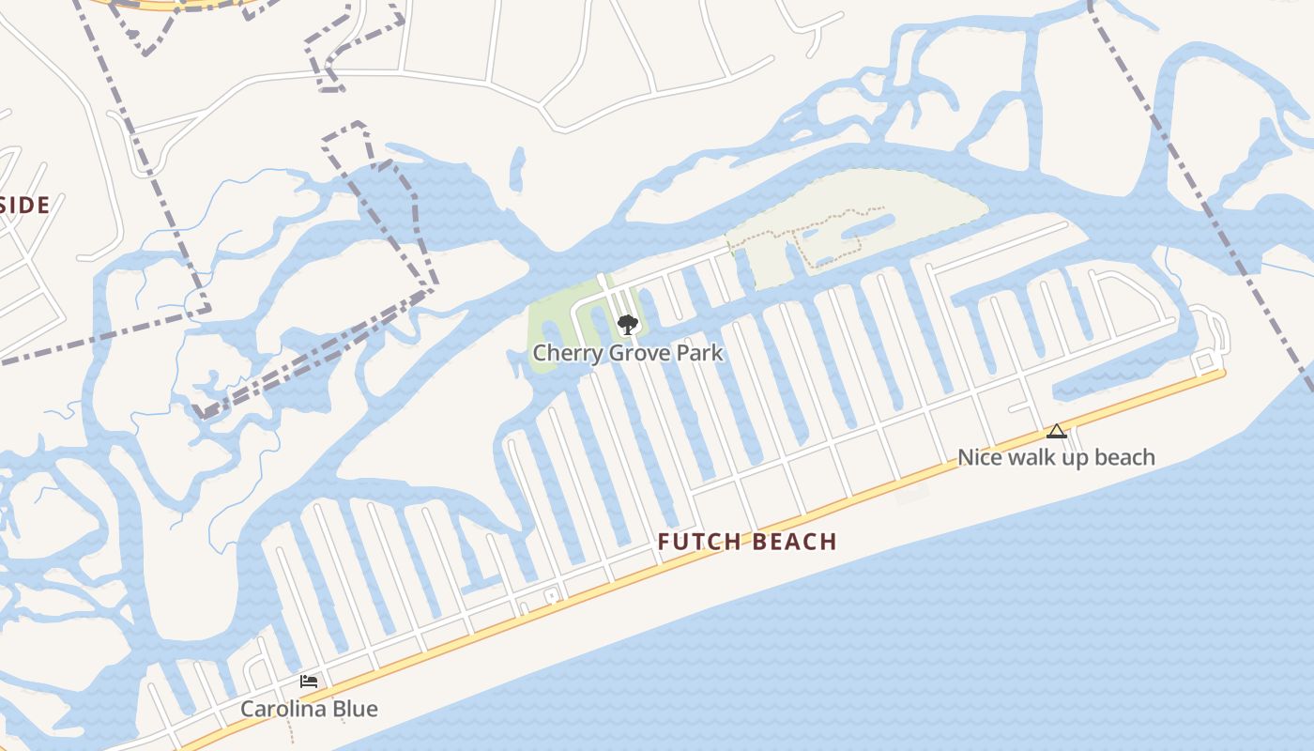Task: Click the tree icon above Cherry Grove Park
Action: (627, 325)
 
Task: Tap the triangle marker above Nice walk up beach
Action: (1057, 432)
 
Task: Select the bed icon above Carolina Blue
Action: (309, 682)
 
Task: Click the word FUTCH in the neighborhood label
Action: (698, 542)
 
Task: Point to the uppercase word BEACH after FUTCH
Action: (793, 542)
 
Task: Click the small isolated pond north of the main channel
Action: (517, 169)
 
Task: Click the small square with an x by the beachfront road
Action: (551, 593)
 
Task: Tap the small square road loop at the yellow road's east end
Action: (1202, 361)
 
